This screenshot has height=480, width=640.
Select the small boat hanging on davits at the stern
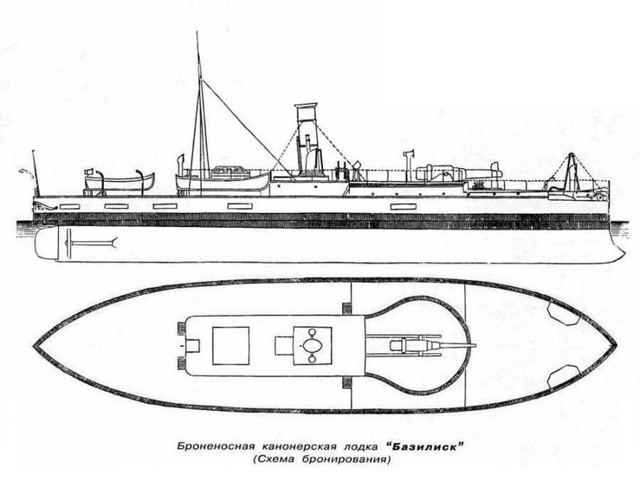119,182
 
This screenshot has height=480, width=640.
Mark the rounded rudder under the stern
46,244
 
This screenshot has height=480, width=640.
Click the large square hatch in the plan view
230,345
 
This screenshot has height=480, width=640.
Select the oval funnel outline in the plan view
312,346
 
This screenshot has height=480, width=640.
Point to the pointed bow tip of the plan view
616,345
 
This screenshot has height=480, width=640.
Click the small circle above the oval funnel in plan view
312,332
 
